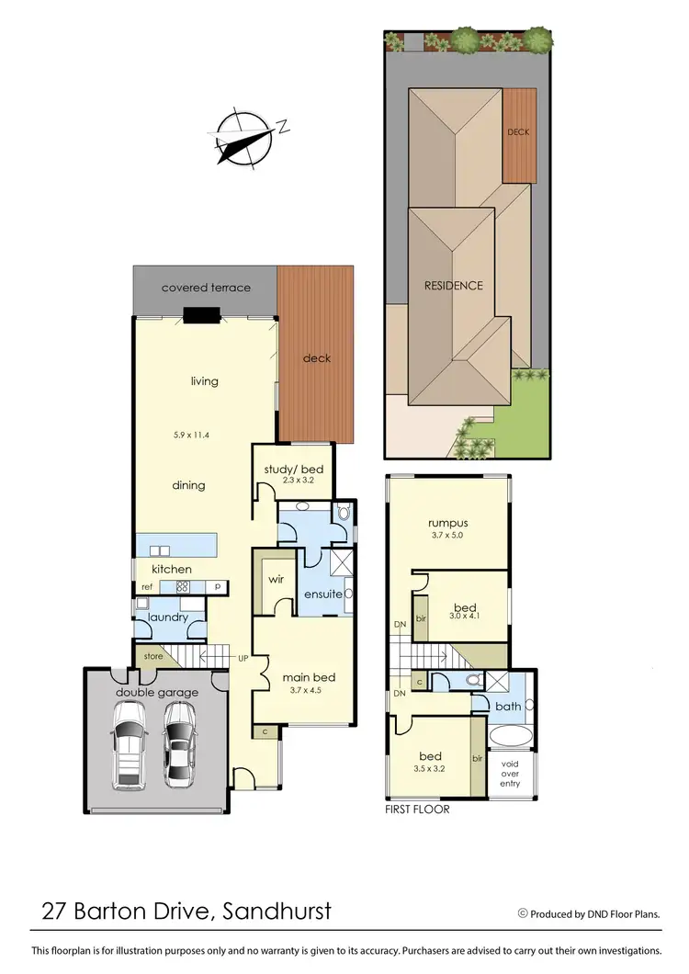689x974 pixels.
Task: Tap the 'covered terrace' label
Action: click(x=206, y=288)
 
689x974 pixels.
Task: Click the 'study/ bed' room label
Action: click(x=288, y=470)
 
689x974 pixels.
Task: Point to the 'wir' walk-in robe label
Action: click(x=275, y=581)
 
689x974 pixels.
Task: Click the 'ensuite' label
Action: click(x=324, y=595)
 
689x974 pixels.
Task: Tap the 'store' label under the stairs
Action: click(x=152, y=656)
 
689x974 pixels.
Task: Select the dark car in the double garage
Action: click(x=180, y=746)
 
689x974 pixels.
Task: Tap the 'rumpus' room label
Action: click(x=447, y=522)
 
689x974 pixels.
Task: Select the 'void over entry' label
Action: click(x=509, y=772)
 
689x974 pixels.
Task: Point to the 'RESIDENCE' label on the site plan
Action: click(x=453, y=285)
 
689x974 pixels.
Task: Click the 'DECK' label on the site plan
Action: click(x=518, y=132)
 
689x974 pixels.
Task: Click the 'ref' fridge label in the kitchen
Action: click(x=147, y=586)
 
